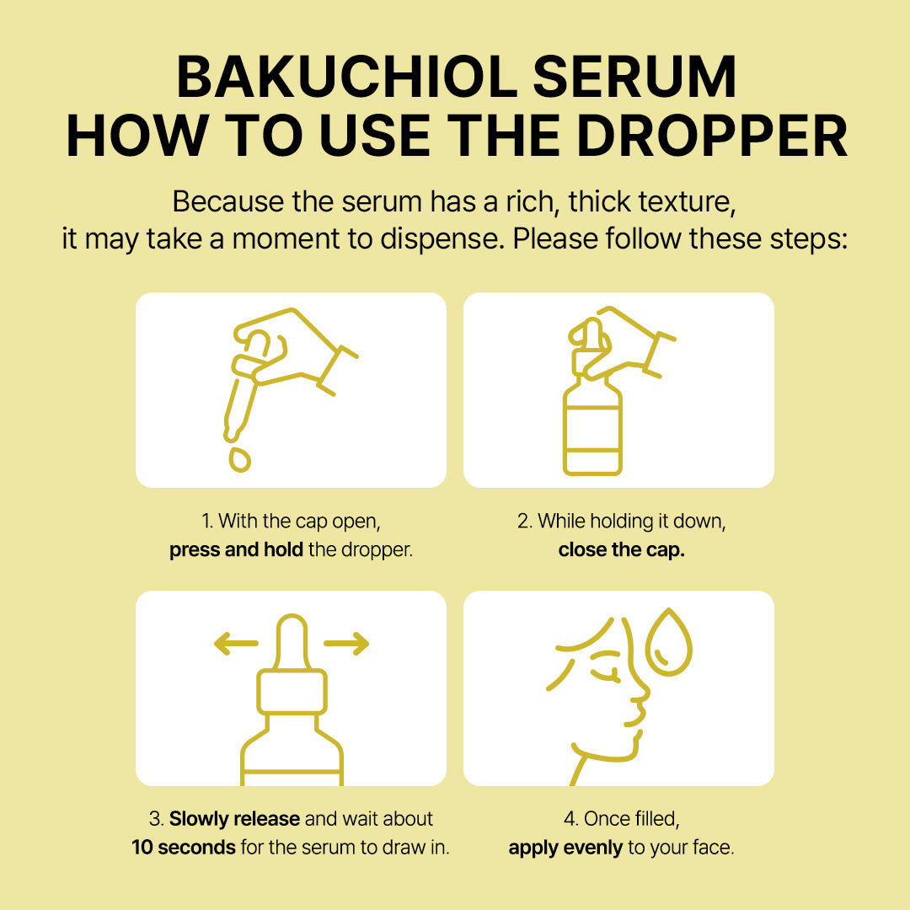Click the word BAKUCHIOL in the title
click(346, 77)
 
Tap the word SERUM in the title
click(634, 77)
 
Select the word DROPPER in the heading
click(712, 135)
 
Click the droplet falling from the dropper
click(239, 459)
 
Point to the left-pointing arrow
click(236, 643)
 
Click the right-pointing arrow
click(346, 643)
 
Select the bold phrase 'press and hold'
click(236, 549)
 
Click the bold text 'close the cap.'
click(622, 549)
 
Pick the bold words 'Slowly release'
click(234, 818)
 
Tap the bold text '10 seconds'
click(184, 848)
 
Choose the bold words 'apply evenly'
click(565, 848)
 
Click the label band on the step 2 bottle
click(592, 429)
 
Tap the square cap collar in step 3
click(292, 691)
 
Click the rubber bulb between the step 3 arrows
click(292, 641)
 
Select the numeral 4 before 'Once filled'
click(569, 819)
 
